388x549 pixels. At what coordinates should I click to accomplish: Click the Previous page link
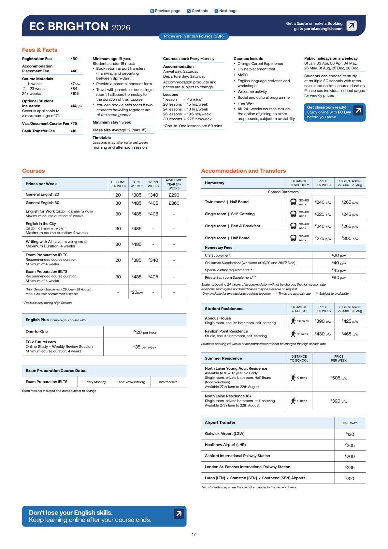165,11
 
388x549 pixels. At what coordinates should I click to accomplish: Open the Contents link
197,11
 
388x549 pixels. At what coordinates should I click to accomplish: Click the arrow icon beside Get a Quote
352,25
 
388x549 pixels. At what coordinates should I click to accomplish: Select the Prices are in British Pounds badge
194,36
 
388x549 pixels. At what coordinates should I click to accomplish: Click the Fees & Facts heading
40,50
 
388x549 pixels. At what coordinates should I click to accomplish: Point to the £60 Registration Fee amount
74,59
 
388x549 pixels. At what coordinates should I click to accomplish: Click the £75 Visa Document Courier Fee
74,124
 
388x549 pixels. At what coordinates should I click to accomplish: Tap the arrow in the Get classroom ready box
358,111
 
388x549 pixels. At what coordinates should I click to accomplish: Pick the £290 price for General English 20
174,195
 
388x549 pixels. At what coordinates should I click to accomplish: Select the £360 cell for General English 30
174,203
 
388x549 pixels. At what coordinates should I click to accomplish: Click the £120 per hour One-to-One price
145,332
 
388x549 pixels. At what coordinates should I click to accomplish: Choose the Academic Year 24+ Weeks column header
174,184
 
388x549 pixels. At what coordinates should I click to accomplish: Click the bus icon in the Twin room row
293,202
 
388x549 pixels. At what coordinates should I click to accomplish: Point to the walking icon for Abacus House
293,321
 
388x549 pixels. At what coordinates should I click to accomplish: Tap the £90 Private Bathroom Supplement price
339,277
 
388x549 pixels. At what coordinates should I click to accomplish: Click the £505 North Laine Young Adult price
339,378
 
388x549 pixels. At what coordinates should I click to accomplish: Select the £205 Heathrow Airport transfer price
350,445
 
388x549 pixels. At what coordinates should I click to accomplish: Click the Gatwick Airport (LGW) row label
224,434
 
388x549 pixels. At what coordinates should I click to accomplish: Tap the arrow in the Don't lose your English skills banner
179,514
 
